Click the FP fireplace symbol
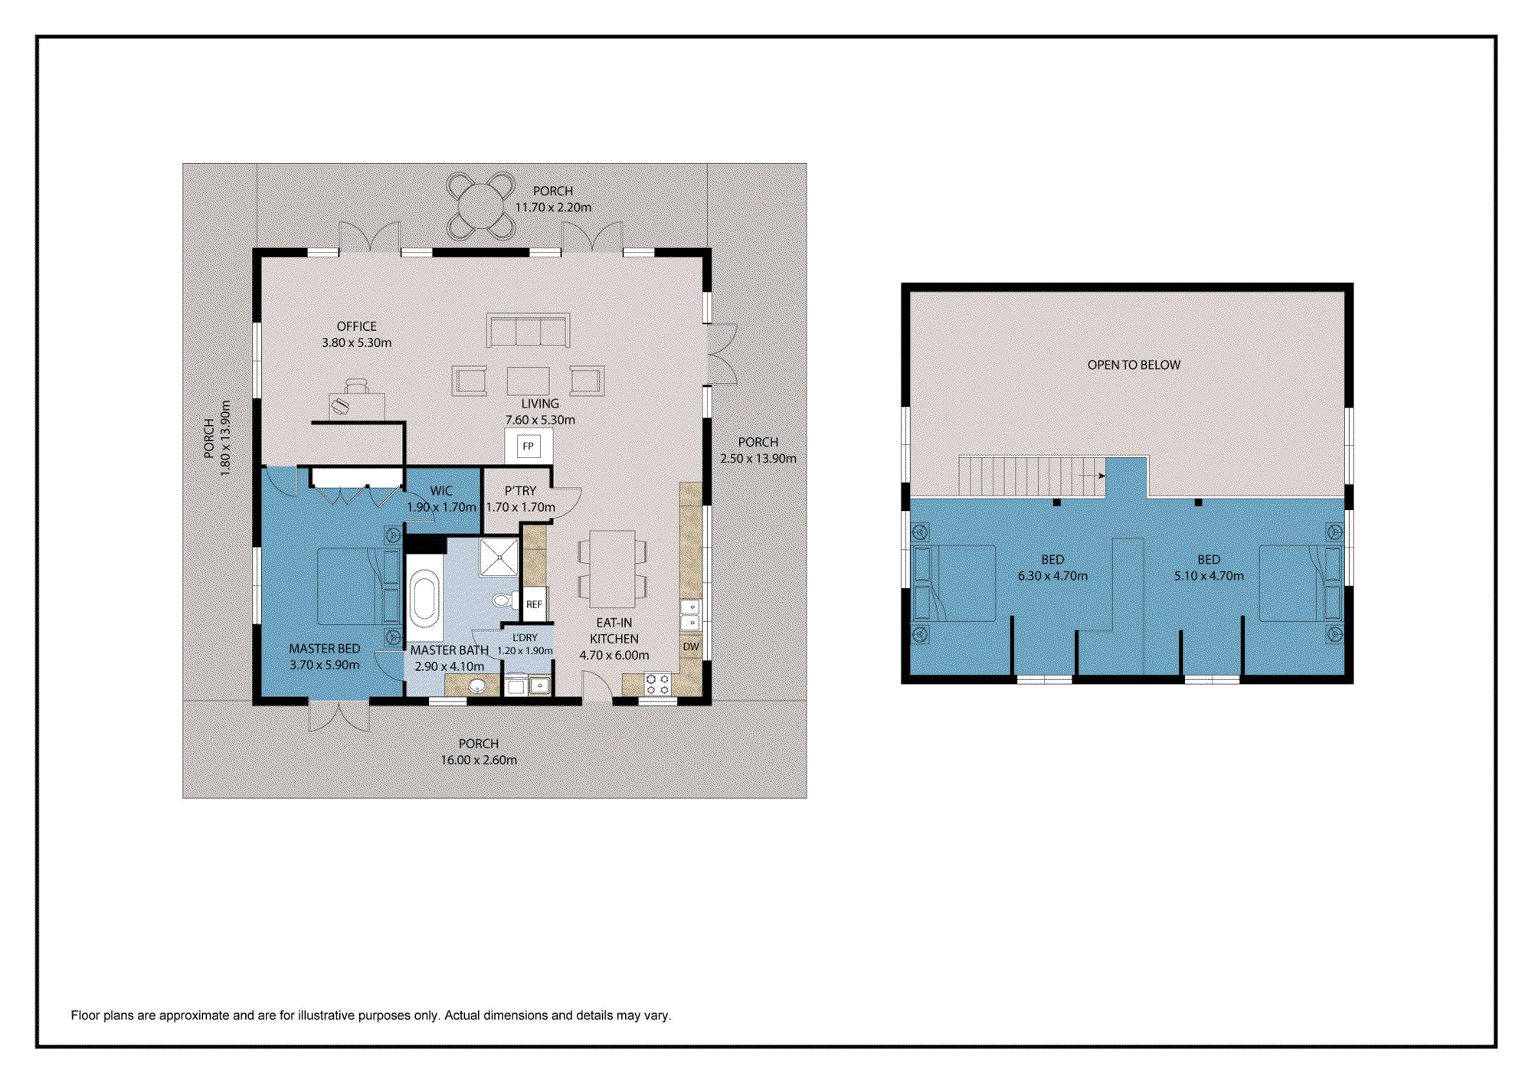pyautogui.click(x=529, y=446)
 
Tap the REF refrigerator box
pyautogui.click(x=534, y=604)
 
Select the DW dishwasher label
pyautogui.click(x=691, y=646)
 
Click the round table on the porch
pyautogui.click(x=480, y=206)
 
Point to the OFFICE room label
pyautogui.click(x=356, y=326)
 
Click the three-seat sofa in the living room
pyautogui.click(x=528, y=330)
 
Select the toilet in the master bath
pyautogui.click(x=504, y=599)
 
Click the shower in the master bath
pyautogui.click(x=499, y=557)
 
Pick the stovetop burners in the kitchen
pyautogui.click(x=657, y=685)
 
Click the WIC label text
pyautogui.click(x=441, y=491)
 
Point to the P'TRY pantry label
pyautogui.click(x=520, y=491)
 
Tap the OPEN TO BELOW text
pyautogui.click(x=1134, y=365)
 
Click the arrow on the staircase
pyautogui.click(x=1092, y=476)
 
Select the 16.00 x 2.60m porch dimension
pyautogui.click(x=479, y=760)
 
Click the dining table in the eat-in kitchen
pyautogui.click(x=612, y=568)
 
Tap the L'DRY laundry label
pyautogui.click(x=525, y=637)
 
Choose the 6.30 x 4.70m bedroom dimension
pyautogui.click(x=1052, y=576)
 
